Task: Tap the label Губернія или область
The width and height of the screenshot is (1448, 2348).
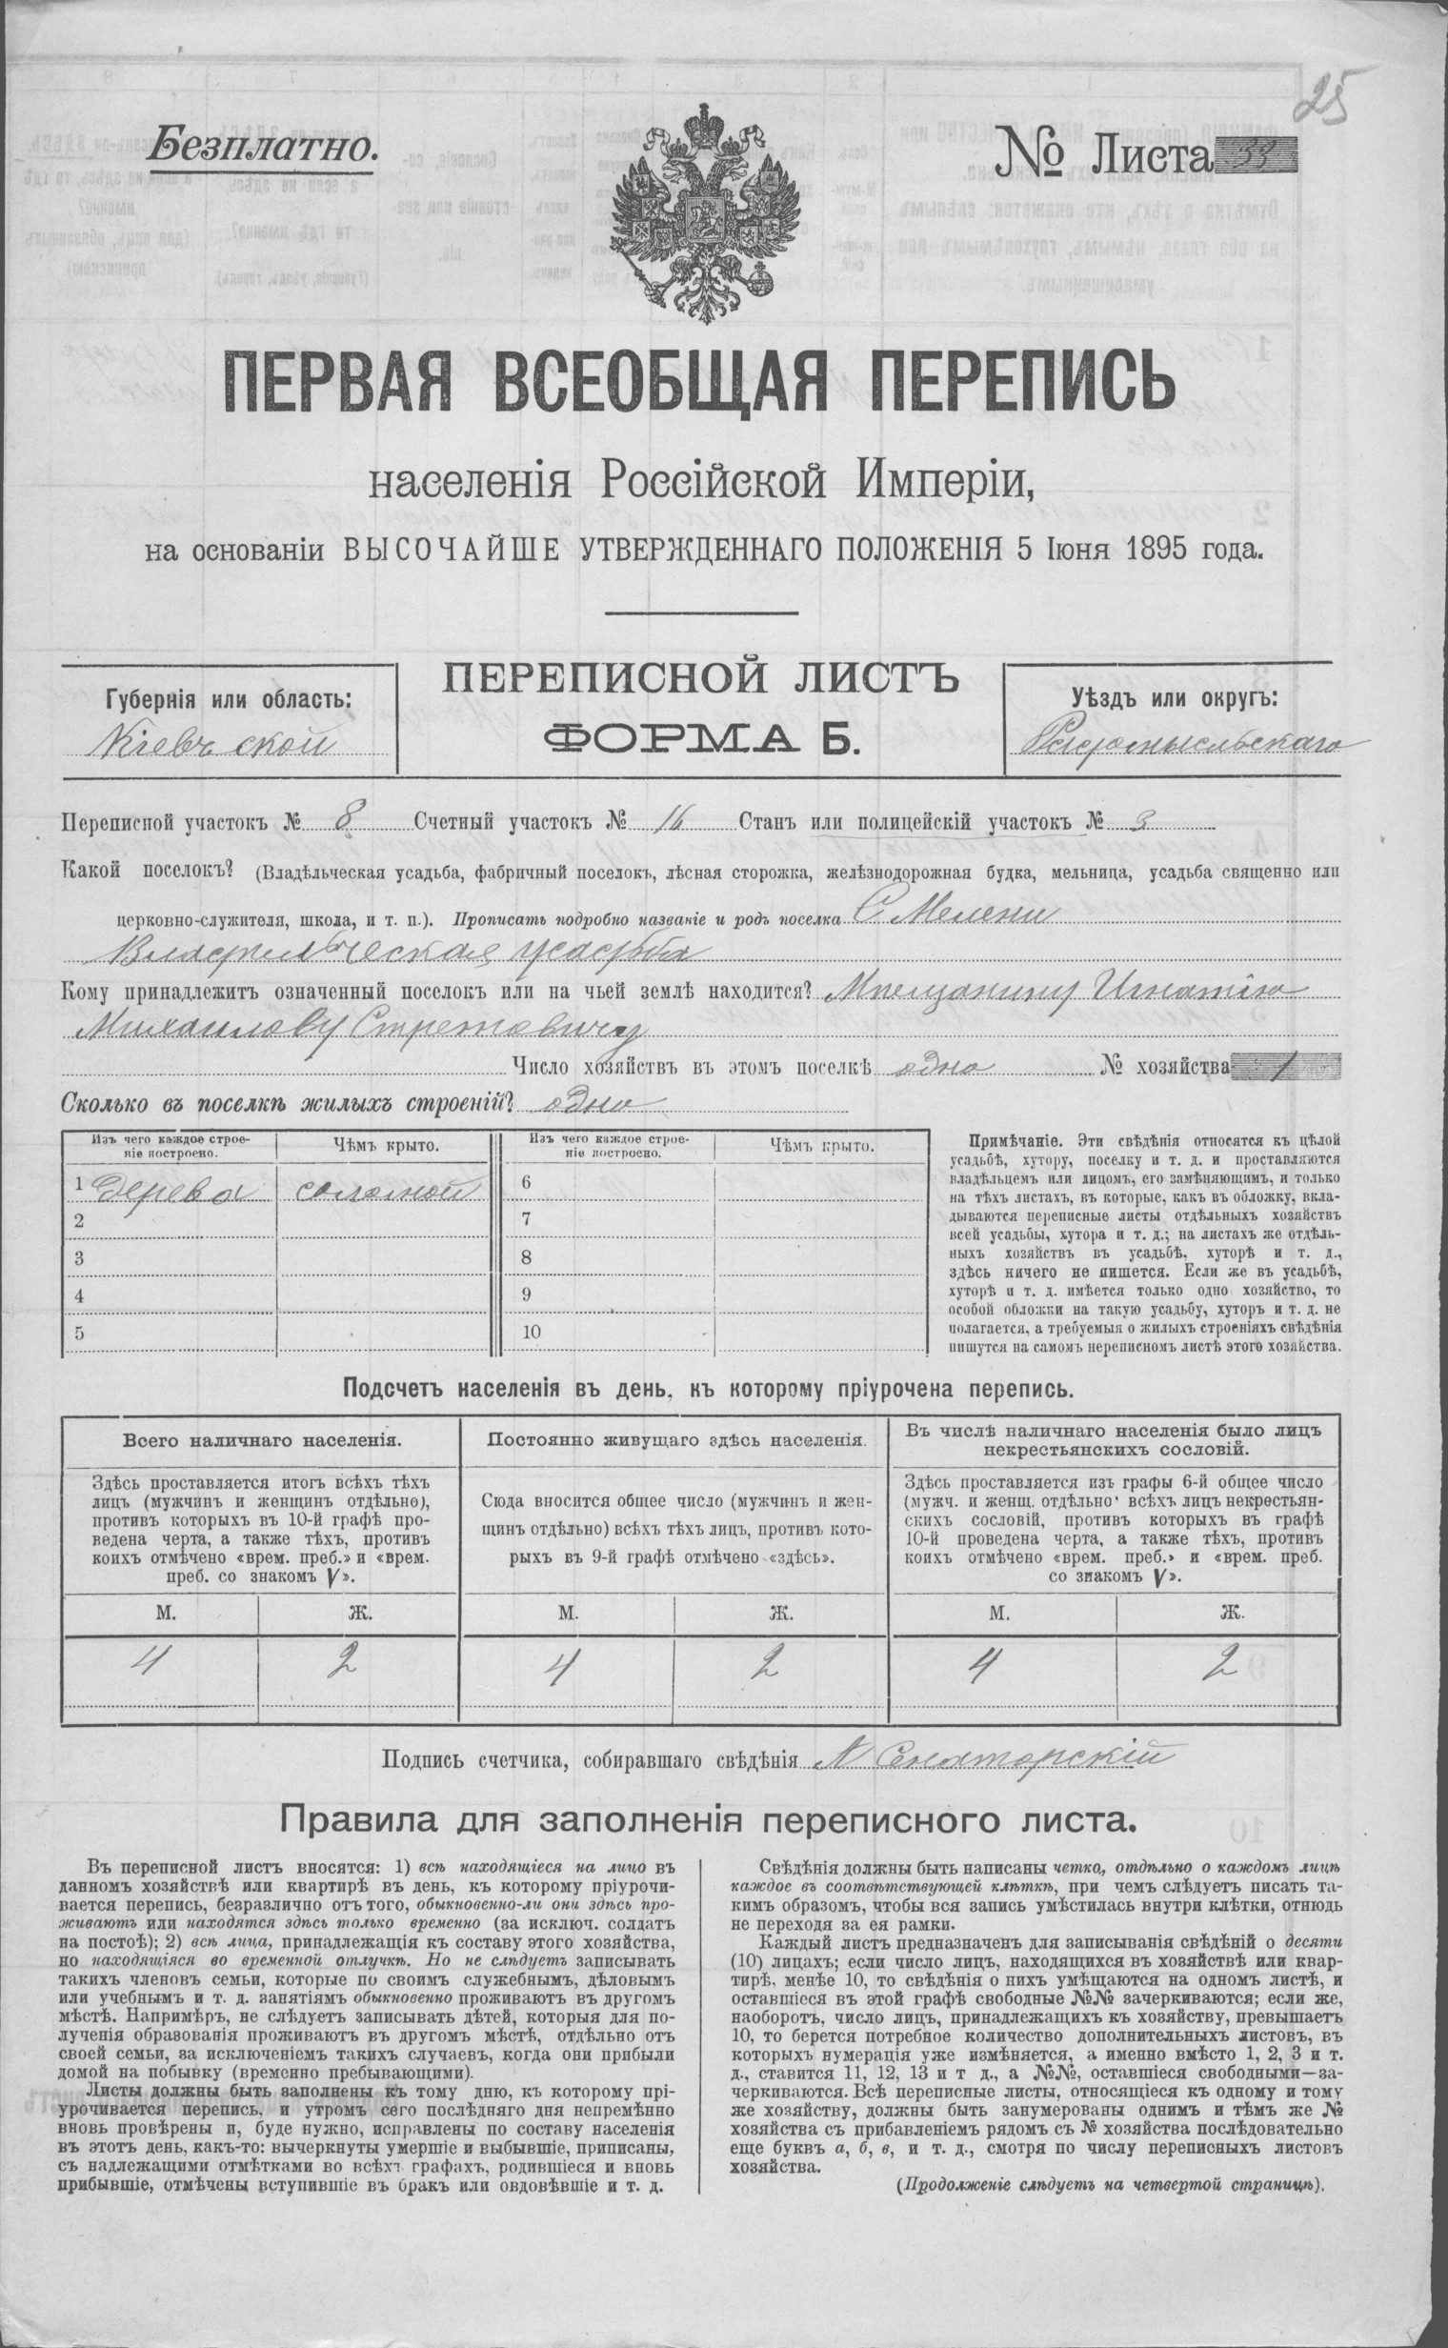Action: (229, 698)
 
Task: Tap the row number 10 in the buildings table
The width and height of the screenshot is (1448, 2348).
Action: (533, 1332)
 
